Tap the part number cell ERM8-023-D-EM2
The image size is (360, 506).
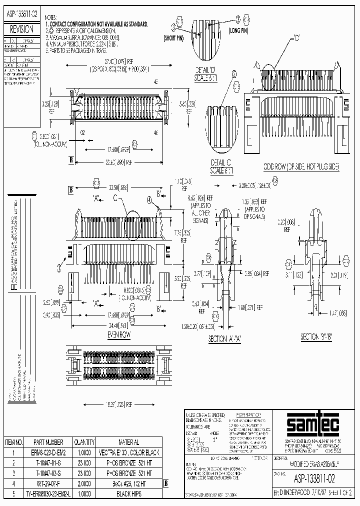tap(48, 451)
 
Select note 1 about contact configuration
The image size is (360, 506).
tap(97, 23)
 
